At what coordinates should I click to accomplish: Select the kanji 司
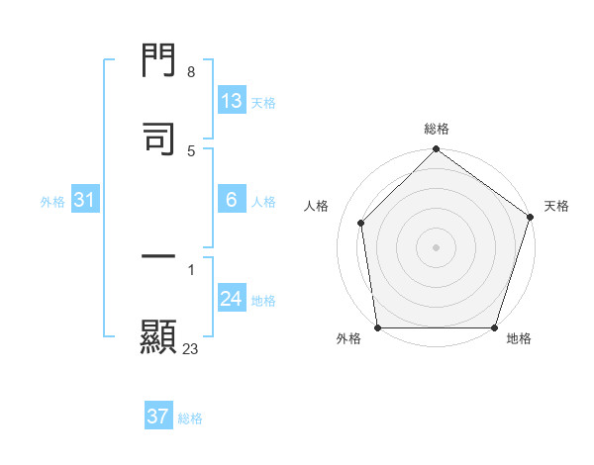pos(158,139)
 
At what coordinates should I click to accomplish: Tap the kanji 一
pos(158,257)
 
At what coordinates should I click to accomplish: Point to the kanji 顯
pos(158,335)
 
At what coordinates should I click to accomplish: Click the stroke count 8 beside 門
pos(190,72)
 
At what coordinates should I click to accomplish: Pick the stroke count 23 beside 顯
pos(190,348)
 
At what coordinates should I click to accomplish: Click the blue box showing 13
pos(232,101)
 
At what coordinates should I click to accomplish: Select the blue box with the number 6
pos(232,200)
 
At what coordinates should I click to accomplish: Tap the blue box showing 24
pos(232,299)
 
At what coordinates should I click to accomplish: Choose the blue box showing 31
pos(85,200)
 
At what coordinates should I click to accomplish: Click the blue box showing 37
pos(158,417)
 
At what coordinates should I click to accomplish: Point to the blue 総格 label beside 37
pos(190,418)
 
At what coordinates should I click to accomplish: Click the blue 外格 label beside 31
pos(52,201)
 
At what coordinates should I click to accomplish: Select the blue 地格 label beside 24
pos(263,301)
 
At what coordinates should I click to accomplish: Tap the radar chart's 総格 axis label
pos(437,130)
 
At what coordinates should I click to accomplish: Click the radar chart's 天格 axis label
pos(557,207)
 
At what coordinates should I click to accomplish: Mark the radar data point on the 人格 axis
pos(361,223)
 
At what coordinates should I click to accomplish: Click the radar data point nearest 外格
pos(378,326)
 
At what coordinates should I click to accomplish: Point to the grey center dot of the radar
pos(437,246)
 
